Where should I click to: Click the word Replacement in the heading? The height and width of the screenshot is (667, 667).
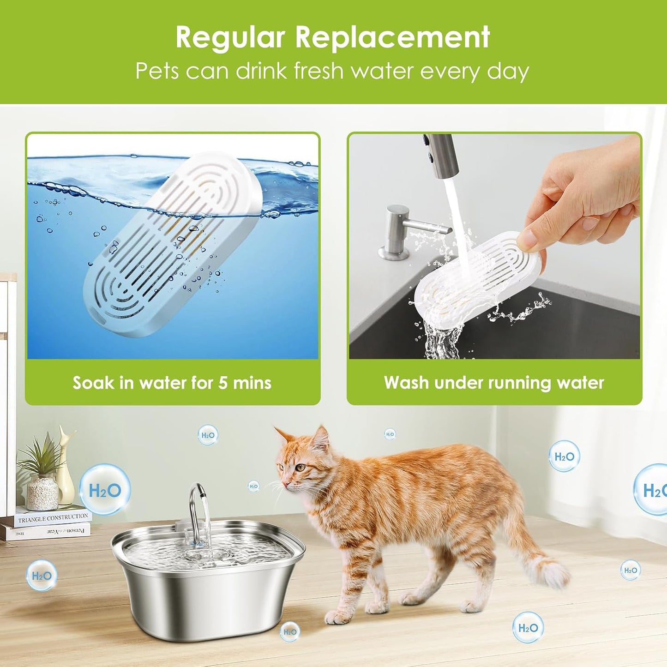392,37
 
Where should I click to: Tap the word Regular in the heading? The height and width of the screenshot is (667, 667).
230,37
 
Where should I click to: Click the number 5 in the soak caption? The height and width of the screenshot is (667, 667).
223,383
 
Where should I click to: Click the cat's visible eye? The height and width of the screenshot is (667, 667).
301,467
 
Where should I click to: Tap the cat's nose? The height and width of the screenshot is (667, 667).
284,484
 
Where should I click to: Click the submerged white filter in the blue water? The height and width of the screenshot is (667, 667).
173,245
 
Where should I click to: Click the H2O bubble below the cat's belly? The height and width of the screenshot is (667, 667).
528,628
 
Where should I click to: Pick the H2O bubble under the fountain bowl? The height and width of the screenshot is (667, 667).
290,632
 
